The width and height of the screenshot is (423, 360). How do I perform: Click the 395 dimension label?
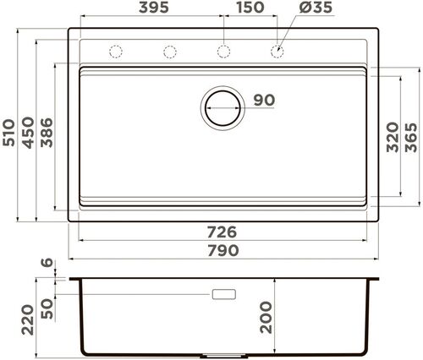[x=154, y=8]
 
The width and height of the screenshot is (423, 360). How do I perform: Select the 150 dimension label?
[x=250, y=8]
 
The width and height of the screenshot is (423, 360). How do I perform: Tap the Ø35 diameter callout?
[x=316, y=8]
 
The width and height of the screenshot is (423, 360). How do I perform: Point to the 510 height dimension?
[x=8, y=133]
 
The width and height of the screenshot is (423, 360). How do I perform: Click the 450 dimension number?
[x=28, y=133]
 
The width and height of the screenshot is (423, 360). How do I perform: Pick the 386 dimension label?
[x=47, y=133]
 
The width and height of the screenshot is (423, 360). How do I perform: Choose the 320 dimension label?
[x=393, y=137]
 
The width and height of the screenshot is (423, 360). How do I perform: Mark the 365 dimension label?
[x=410, y=137]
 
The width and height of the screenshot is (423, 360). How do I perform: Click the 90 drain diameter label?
[x=264, y=101]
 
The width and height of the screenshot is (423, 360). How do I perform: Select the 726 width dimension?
[x=222, y=232]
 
